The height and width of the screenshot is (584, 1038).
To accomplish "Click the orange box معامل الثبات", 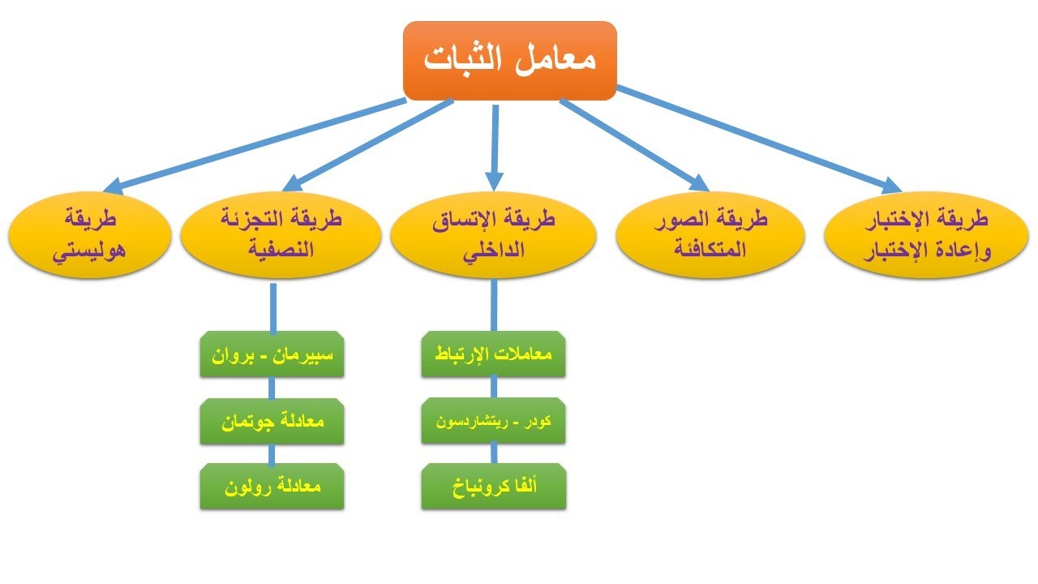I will [510, 61].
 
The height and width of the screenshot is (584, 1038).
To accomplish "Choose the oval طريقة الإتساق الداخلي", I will [493, 234].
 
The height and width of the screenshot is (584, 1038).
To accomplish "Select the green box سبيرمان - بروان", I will [272, 355].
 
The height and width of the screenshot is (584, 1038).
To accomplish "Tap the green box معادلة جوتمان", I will [272, 422].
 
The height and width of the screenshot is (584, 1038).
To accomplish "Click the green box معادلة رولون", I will [272, 487].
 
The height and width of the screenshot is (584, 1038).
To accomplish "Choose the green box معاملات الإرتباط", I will [493, 355].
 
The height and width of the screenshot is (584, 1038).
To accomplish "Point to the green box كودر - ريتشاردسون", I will [493, 422].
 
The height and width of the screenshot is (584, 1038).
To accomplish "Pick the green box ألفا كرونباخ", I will [493, 487].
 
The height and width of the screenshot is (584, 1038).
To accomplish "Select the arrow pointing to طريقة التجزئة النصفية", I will [369, 142].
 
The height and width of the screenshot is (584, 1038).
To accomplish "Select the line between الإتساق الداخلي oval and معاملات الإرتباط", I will [493, 307].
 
